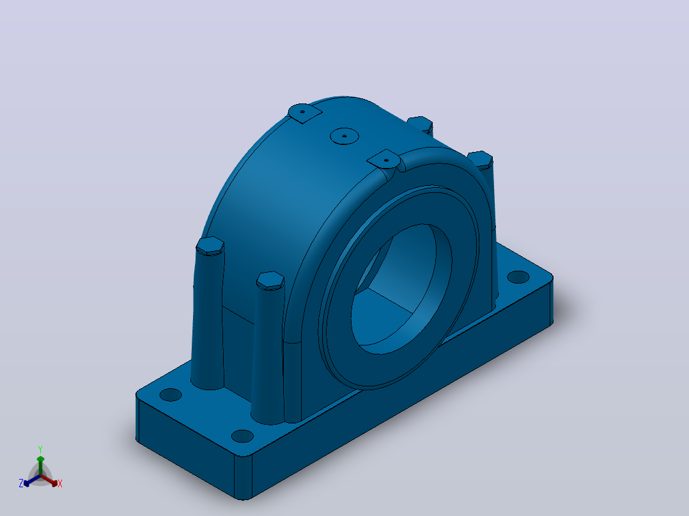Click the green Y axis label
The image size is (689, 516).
40,449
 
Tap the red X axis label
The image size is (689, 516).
60,483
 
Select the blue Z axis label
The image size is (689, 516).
21,483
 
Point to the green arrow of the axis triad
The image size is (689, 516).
40,465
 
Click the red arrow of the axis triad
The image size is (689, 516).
50,480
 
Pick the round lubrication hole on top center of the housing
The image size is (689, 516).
344,135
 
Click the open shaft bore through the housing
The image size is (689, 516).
401,290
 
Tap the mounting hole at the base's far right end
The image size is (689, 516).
518,277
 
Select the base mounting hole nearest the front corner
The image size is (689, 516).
242,436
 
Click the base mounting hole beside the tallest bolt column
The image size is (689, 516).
171,395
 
